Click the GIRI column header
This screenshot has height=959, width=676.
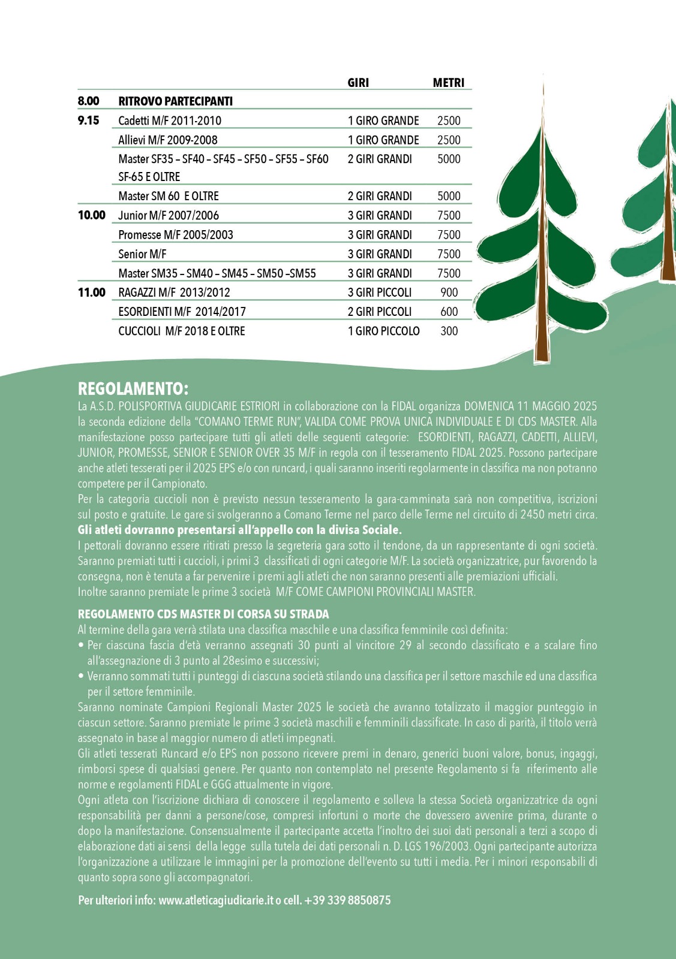(358, 83)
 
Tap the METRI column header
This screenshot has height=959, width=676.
(448, 83)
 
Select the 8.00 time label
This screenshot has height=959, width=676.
(89, 101)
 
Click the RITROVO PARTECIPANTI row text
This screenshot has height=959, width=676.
(175, 101)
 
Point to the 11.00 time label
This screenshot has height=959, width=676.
(91, 292)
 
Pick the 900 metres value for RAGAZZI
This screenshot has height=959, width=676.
(449, 292)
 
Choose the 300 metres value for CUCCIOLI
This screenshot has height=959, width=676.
(449, 331)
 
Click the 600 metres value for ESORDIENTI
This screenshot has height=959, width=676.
(449, 312)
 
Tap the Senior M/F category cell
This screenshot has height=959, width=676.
(142, 254)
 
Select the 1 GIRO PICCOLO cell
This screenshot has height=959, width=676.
(383, 331)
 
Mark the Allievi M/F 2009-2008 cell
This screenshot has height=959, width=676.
(167, 140)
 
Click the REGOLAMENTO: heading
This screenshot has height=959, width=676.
(133, 388)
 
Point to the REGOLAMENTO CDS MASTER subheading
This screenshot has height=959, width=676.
(203, 614)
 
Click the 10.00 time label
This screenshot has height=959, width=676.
(91, 215)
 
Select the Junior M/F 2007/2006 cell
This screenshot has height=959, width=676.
(168, 216)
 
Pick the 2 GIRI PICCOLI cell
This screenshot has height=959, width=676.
(379, 312)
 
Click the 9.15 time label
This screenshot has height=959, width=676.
(89, 120)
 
